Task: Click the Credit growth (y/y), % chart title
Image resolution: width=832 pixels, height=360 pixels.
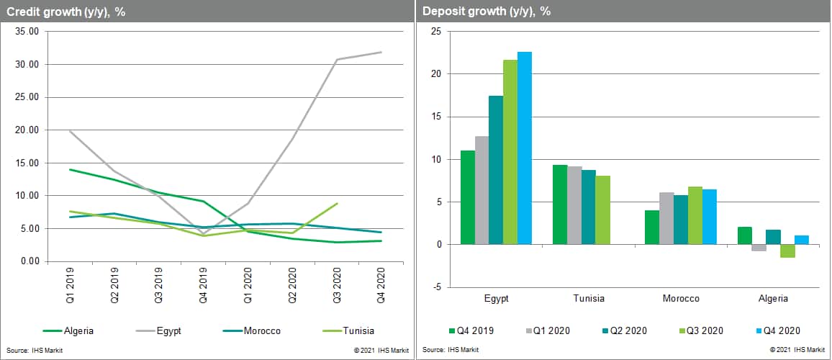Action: tap(67, 11)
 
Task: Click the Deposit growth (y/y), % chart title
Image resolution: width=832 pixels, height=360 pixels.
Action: tap(486, 11)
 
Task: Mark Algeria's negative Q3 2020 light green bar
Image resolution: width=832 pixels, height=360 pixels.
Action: tap(787, 251)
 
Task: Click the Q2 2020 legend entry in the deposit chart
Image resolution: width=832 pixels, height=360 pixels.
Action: tap(626, 331)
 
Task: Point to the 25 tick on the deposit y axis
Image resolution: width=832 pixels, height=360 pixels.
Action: tap(435, 32)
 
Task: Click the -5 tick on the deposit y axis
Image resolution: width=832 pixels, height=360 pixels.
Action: tap(435, 287)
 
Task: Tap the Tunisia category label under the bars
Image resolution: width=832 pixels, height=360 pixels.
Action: tap(589, 298)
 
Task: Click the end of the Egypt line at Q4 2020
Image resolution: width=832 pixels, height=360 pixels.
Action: tap(381, 52)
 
